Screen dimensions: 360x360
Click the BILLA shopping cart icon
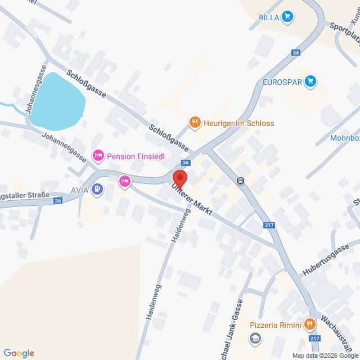[287, 17]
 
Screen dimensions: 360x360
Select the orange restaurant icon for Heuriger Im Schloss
[195, 122]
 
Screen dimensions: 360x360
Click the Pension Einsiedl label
[136, 156]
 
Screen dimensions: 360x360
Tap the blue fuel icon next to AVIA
[98, 189]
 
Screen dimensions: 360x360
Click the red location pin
[179, 176]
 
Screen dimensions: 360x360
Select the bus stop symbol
[240, 181]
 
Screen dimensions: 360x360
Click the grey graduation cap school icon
[256, 338]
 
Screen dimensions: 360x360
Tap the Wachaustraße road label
[332, 332]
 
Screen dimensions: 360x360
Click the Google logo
[19, 353]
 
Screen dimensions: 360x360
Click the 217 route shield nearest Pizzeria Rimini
[315, 338]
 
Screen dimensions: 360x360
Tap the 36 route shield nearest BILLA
[296, 52]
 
